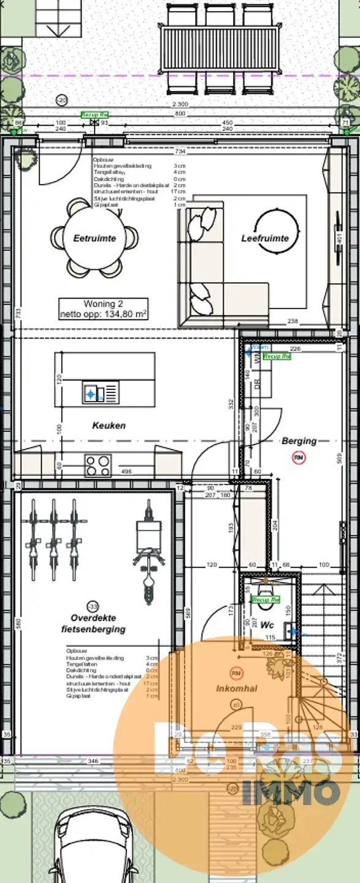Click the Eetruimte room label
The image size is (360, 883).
click(x=94, y=238)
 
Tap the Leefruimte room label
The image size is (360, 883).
click(x=265, y=238)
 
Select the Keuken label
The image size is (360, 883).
click(x=109, y=425)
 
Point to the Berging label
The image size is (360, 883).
click(x=299, y=440)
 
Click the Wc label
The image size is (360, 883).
click(x=267, y=625)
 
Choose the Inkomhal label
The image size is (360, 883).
click(x=236, y=689)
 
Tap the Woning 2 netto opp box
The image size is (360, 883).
click(x=103, y=309)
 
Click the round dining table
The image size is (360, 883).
click(x=94, y=236)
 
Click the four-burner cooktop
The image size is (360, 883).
click(x=98, y=465)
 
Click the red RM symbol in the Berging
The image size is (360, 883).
click(x=299, y=457)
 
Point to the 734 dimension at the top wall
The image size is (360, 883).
click(x=179, y=151)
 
